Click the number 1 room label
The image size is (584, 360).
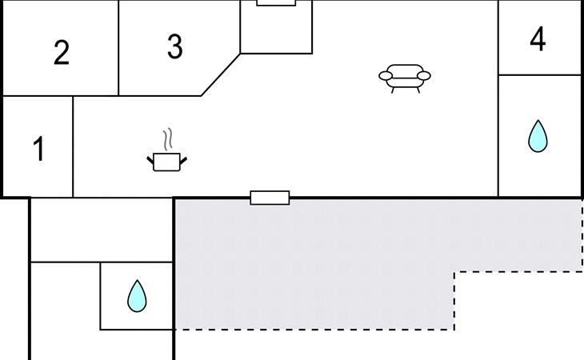pyautogui.click(x=39, y=148)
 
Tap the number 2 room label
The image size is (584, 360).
pyautogui.click(x=62, y=53)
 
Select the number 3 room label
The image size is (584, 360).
pyautogui.click(x=175, y=46)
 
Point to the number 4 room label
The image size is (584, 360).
pyautogui.click(x=538, y=38)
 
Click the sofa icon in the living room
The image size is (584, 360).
pyautogui.click(x=405, y=78)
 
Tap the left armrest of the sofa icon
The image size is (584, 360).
pyautogui.click(x=386, y=76)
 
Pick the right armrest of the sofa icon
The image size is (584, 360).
pyautogui.click(x=424, y=76)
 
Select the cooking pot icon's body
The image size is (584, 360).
pyautogui.click(x=166, y=162)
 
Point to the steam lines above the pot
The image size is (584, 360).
pyautogui.click(x=168, y=139)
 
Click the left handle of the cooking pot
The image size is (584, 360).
pyautogui.click(x=150, y=161)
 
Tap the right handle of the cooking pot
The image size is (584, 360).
pyautogui.click(x=183, y=161)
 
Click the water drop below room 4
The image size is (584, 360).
pyautogui.click(x=538, y=136)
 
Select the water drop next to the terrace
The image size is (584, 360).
pyautogui.click(x=137, y=296)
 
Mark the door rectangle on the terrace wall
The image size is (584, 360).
pyautogui.click(x=270, y=198)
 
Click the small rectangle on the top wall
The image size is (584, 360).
pyautogui.click(x=276, y=2)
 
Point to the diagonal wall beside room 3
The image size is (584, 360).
pyautogui.click(x=221, y=75)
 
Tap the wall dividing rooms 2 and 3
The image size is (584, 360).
pyautogui.click(x=118, y=48)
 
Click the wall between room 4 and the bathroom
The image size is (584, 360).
pyautogui.click(x=540, y=75)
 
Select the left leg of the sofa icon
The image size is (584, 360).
pyautogui.click(x=393, y=90)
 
